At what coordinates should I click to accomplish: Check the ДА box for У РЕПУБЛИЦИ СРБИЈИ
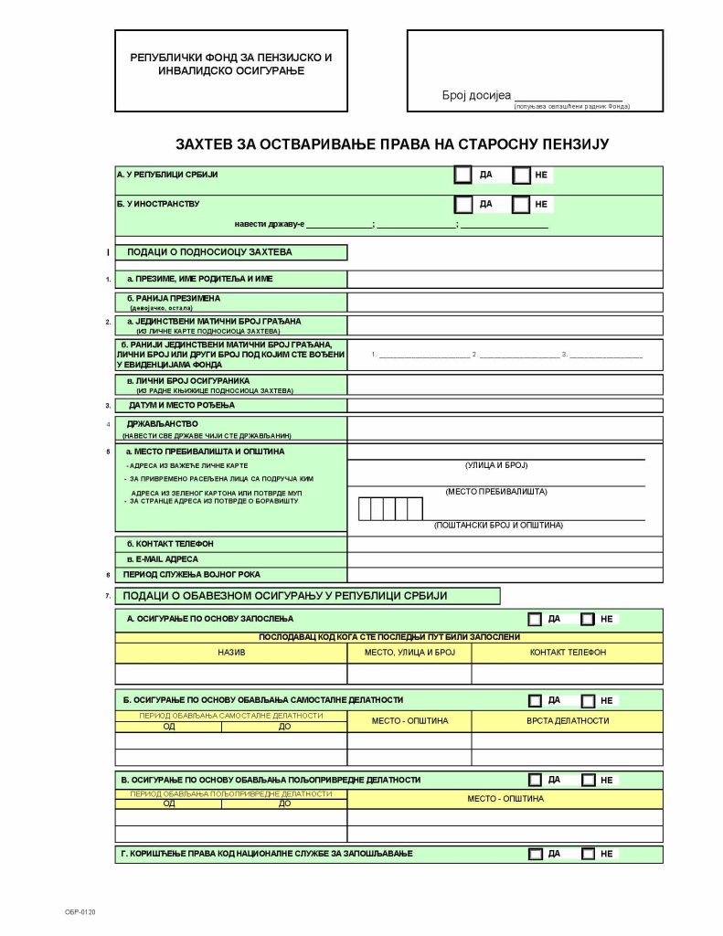pyautogui.click(x=463, y=175)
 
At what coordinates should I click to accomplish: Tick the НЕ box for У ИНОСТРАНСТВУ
pyautogui.click(x=521, y=205)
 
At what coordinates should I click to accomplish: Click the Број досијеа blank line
pyautogui.click(x=568, y=96)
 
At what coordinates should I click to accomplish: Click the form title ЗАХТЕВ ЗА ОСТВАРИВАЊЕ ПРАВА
pyautogui.click(x=391, y=144)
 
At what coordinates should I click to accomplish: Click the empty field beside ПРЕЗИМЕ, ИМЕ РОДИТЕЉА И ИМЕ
pyautogui.click(x=505, y=279)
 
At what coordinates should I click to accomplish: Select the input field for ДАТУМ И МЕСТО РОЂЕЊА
pyautogui.click(x=505, y=405)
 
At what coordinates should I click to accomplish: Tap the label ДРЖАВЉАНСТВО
pyautogui.click(x=163, y=423)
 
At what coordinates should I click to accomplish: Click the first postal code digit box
pyautogui.click(x=366, y=508)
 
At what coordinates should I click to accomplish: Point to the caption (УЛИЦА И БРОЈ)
pyautogui.click(x=496, y=465)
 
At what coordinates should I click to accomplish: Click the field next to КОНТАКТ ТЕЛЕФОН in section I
pyautogui.click(x=505, y=544)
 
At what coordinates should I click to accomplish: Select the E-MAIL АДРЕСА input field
pyautogui.click(x=505, y=559)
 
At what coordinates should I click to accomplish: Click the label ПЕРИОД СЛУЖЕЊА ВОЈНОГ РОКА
pyautogui.click(x=193, y=575)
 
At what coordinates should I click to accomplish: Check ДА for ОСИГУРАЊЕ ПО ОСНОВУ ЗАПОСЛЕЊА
pyautogui.click(x=535, y=619)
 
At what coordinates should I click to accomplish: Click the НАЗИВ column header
pyautogui.click(x=231, y=653)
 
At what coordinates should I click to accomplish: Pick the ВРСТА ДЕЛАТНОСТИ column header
pyautogui.click(x=567, y=720)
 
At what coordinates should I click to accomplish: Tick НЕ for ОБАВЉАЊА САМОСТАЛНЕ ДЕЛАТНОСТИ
pyautogui.click(x=588, y=700)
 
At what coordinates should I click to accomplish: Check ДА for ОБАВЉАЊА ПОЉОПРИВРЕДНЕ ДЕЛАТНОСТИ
pyautogui.click(x=535, y=780)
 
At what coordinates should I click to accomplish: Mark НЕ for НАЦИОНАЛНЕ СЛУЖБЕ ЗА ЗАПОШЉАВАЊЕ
pyautogui.click(x=588, y=854)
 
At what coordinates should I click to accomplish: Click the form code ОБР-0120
pyautogui.click(x=80, y=912)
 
